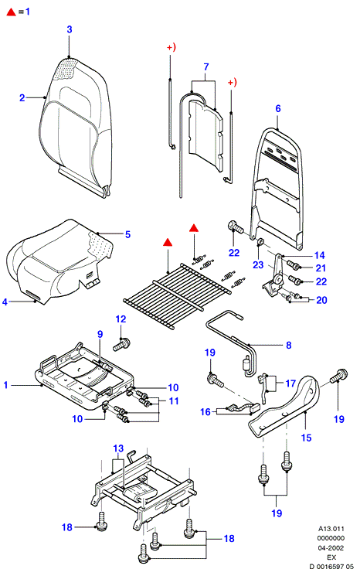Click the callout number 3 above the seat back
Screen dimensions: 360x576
pyautogui.click(x=70, y=29)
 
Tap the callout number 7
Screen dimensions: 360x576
pyautogui.click(x=206, y=66)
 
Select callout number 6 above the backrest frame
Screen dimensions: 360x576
pyautogui.click(x=278, y=108)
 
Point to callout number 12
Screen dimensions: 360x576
pyautogui.click(x=121, y=319)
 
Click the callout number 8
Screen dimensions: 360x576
pyautogui.click(x=289, y=346)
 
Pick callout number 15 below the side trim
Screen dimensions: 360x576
pyautogui.click(x=306, y=438)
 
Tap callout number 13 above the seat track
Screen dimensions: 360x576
pyautogui.click(x=118, y=448)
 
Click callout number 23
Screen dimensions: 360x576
pyautogui.click(x=258, y=265)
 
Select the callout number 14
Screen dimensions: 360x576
pyautogui.click(x=320, y=255)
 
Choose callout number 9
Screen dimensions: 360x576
pyautogui.click(x=100, y=334)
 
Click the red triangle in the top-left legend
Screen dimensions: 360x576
pyautogui.click(x=12, y=12)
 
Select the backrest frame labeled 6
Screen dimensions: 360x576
pyautogui.click(x=278, y=187)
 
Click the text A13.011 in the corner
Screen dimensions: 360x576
pyautogui.click(x=331, y=529)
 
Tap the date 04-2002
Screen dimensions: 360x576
pyautogui.click(x=331, y=548)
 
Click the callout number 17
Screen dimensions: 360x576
pyautogui.click(x=290, y=383)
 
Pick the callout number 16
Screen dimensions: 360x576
pyautogui.click(x=205, y=412)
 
